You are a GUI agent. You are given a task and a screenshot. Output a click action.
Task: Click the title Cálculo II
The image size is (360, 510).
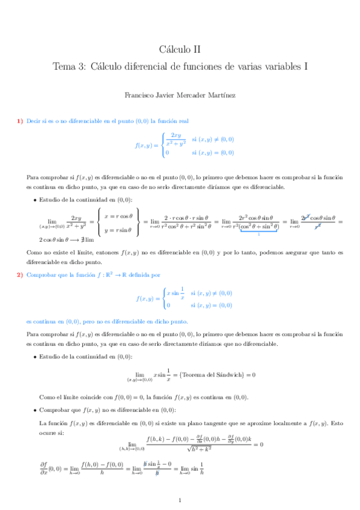coord(180,49)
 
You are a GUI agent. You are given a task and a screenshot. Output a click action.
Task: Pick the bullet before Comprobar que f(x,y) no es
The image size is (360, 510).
coord(34,410)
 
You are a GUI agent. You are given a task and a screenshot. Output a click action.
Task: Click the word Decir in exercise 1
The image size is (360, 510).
coord(33,121)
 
